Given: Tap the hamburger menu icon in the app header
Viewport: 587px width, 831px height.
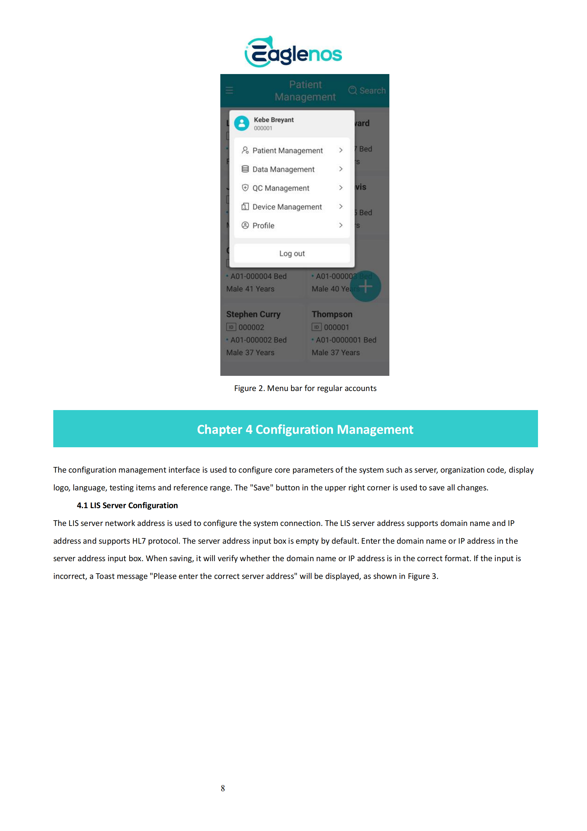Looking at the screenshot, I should [229, 90].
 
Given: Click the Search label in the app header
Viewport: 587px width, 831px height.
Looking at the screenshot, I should [372, 91].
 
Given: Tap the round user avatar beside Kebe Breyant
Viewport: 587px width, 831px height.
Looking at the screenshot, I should [242, 123].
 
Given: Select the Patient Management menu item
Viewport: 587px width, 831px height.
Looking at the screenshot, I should [287, 150].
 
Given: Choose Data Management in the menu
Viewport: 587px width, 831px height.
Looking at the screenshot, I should [283, 169].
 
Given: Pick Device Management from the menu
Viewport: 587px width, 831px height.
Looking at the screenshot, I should [287, 207].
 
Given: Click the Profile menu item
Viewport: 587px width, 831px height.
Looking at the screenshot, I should [263, 226].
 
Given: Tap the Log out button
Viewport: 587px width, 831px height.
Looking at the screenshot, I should [292, 253].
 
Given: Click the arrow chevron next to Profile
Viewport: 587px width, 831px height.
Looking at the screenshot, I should [341, 225].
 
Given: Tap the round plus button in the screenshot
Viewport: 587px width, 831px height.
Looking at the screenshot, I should [366, 286].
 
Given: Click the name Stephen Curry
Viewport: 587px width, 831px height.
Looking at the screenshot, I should [253, 314].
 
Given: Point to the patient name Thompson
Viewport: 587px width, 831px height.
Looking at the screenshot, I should [332, 314].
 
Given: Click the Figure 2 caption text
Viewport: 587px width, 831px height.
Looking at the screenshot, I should [305, 388].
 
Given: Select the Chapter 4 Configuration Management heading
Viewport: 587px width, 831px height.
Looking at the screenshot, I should [305, 429].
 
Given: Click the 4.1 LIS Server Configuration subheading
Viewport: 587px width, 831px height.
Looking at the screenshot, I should [127, 505].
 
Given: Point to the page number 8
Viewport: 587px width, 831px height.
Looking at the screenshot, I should [223, 788].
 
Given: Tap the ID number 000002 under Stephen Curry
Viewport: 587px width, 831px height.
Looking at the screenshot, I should [251, 327].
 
